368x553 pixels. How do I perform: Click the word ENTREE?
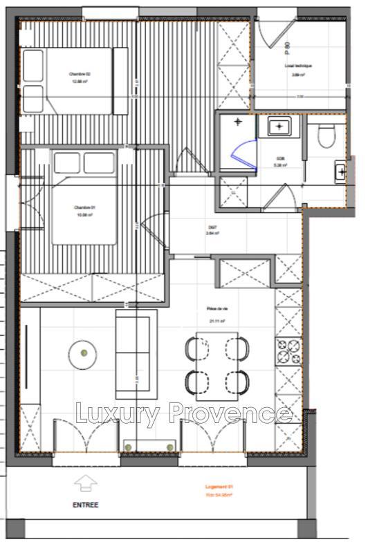tap(85, 505)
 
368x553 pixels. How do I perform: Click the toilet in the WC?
tap(325, 135)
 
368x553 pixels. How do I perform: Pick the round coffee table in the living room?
tap(83, 354)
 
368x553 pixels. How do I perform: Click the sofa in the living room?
tap(135, 354)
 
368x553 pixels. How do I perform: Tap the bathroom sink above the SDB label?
tap(279, 127)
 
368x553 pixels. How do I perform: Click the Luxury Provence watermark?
tap(183, 413)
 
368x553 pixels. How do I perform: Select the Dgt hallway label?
tap(212, 230)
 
